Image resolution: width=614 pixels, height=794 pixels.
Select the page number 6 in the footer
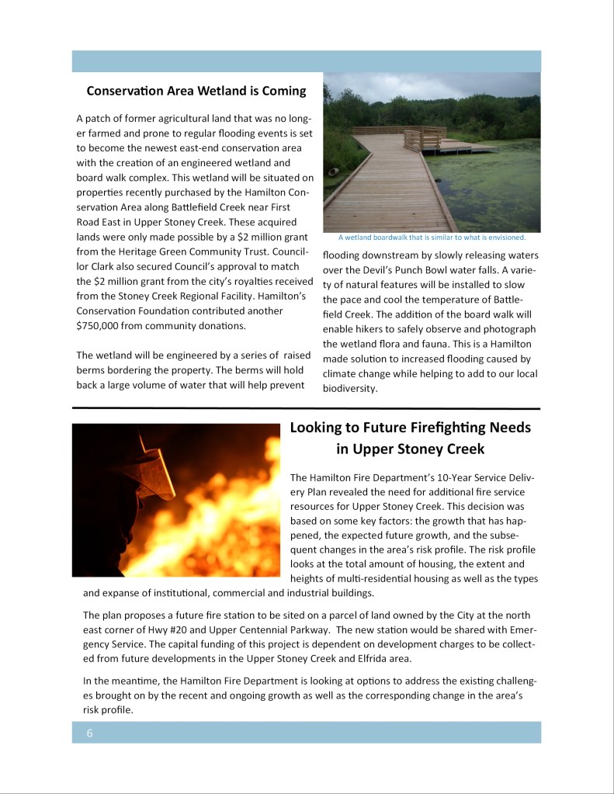(89, 733)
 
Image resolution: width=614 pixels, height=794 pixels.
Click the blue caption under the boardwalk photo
(432, 238)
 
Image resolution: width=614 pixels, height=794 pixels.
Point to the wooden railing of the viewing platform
(423, 139)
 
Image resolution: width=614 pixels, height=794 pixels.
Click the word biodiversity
(349, 389)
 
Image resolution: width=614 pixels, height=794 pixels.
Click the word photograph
(509, 329)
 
